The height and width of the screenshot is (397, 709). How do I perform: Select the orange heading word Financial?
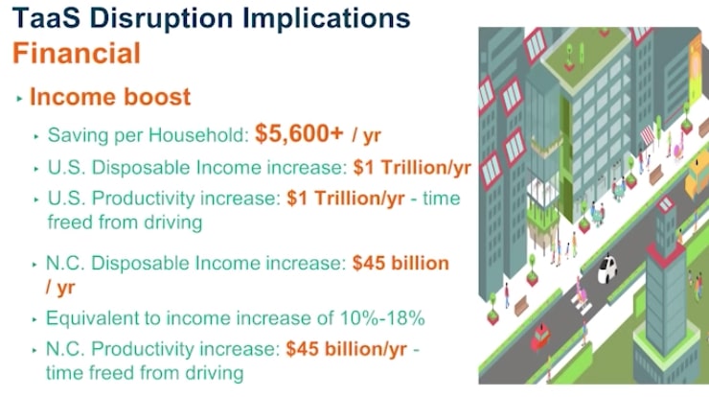[x=77, y=52]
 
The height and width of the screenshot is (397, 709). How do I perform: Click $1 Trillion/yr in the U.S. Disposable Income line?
[x=412, y=168]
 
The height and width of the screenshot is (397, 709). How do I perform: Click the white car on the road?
[x=610, y=268]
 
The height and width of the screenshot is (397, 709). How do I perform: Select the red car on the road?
[x=542, y=337]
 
